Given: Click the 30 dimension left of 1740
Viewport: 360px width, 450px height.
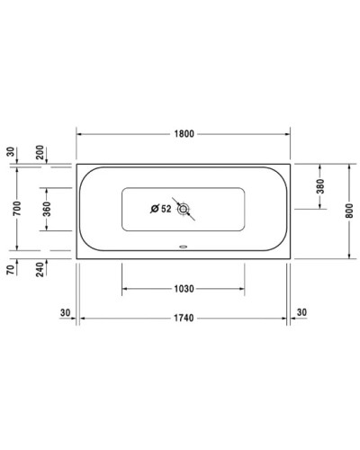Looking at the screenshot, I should [64, 312].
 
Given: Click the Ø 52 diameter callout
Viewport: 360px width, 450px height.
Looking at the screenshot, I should [160, 210].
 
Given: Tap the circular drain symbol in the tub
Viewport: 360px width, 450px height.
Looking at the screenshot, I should [184, 210].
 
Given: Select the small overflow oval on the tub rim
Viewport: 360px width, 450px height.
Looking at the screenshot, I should [183, 244].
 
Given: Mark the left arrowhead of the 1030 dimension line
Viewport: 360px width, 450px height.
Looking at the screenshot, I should [125, 288].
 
